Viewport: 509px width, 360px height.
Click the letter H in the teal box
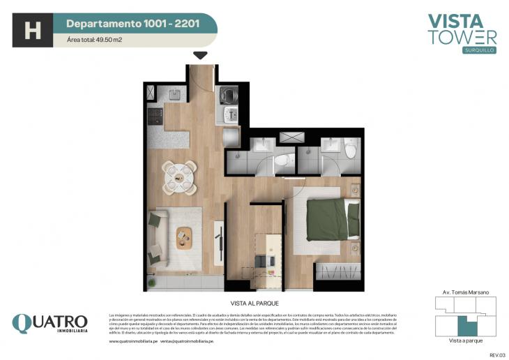point(31,31)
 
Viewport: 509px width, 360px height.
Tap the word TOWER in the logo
point(462,38)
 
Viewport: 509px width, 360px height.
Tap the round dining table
point(179,176)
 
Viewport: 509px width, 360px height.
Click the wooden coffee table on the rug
point(185,237)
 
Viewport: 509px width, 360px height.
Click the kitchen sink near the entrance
point(173,93)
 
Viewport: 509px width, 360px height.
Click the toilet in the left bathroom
point(280,160)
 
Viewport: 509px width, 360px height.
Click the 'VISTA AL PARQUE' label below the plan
point(254,303)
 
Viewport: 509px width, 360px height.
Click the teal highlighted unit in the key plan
point(462,325)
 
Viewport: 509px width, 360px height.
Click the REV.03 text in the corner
point(496,354)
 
